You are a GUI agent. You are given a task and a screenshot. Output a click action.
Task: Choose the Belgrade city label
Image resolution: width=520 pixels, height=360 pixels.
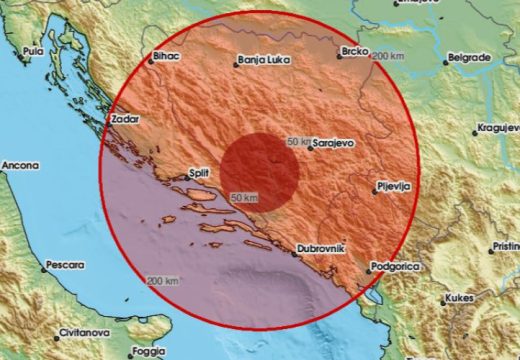(469, 58)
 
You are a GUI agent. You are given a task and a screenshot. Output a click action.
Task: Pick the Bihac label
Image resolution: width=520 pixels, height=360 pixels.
(164, 57)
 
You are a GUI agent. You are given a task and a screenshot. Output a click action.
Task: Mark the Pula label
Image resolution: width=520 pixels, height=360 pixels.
(34, 49)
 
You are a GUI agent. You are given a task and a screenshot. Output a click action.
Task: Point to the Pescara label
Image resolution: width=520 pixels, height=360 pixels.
(62, 267)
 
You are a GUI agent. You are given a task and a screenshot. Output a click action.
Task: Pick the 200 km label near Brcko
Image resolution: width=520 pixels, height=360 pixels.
(387, 57)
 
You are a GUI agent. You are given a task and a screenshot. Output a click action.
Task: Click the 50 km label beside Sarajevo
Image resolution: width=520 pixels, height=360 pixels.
(299, 141)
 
